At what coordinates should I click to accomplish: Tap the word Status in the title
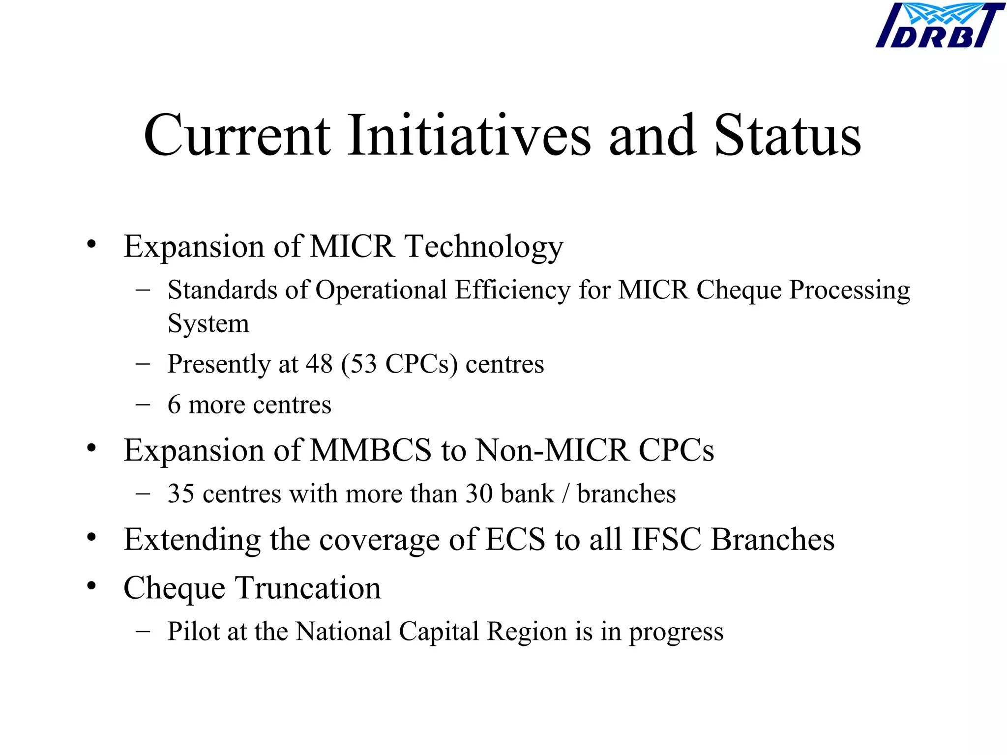coord(787,136)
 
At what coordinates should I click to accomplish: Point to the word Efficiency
coord(512,290)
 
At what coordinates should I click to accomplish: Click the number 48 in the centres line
coord(319,364)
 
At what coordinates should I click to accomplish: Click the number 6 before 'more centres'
coord(174,405)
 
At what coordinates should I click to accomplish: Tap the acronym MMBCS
coord(371,450)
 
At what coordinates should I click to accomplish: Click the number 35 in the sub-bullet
coord(181,494)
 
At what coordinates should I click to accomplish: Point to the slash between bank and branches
coord(566,494)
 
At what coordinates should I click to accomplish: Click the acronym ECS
coord(515,540)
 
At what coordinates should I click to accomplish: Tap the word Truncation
coord(308,588)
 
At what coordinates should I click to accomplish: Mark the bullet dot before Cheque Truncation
coord(91,586)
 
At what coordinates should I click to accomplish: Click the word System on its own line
coord(208,324)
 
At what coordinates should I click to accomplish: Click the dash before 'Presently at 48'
coord(143,364)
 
